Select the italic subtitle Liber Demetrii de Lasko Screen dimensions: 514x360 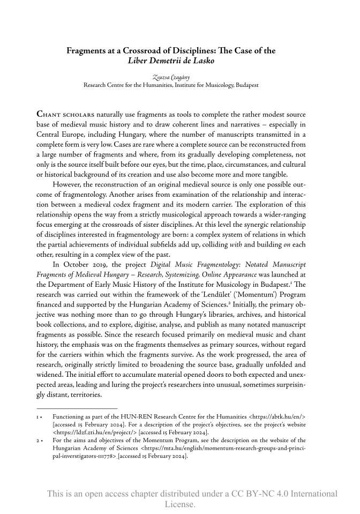tap(170, 61)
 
